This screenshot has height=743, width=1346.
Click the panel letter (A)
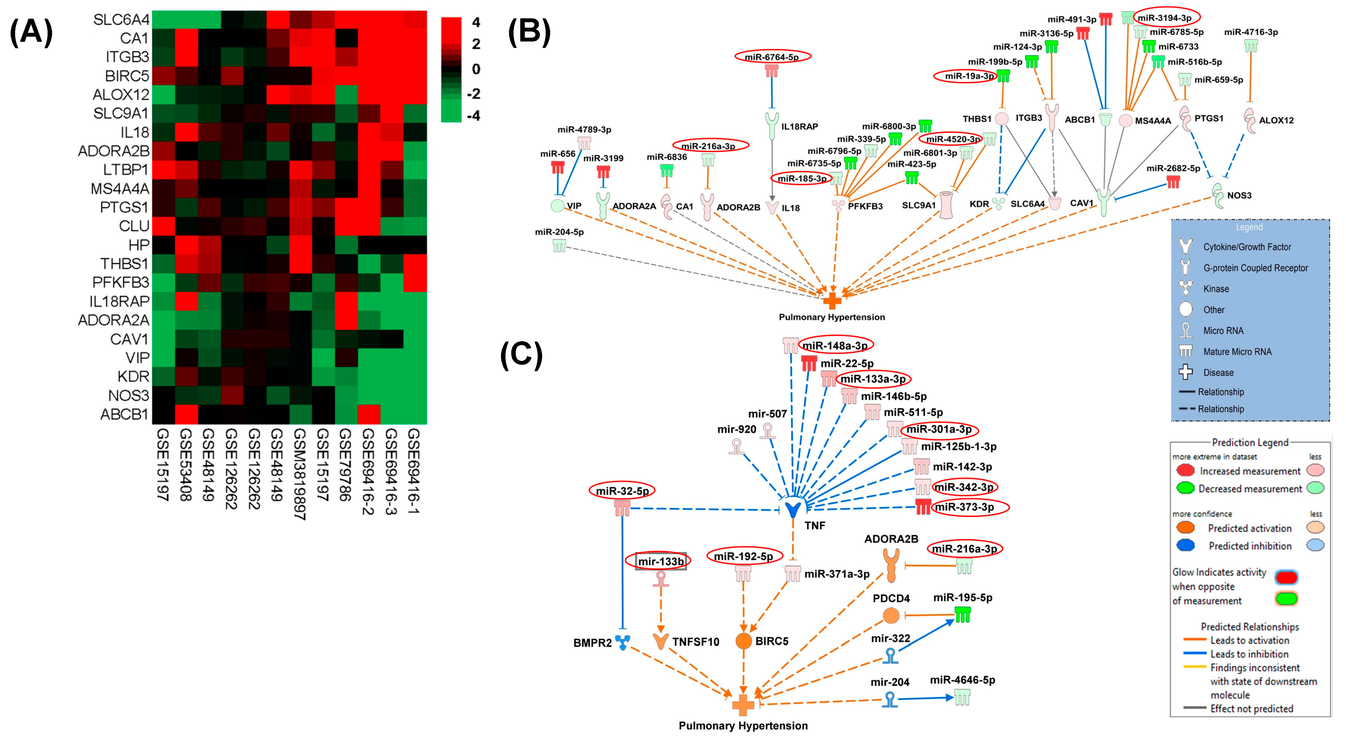point(32,32)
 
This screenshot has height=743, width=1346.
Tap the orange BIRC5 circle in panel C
point(743,641)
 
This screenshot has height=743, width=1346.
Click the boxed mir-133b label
point(660,562)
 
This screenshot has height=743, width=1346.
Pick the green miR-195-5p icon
point(962,615)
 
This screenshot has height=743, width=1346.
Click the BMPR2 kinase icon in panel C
point(622,642)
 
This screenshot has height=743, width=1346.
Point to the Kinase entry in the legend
point(1216,289)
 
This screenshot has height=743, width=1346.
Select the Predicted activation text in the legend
point(1249,528)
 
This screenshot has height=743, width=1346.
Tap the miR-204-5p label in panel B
point(559,232)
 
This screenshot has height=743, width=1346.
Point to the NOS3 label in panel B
point(1239,196)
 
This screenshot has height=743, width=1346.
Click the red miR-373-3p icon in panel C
point(923,507)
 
